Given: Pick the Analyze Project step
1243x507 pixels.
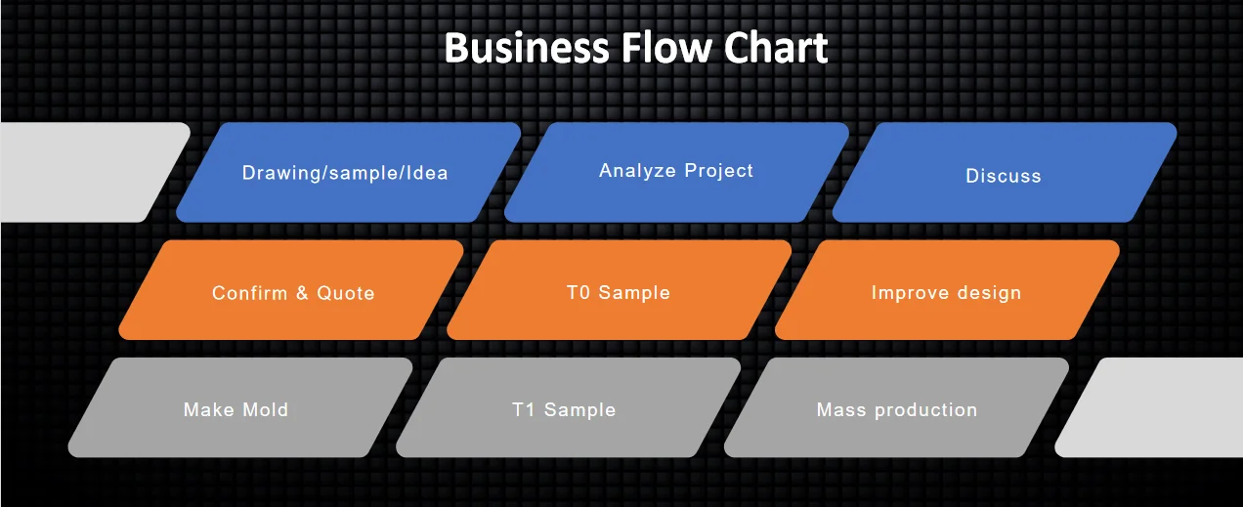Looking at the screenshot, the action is (676, 171).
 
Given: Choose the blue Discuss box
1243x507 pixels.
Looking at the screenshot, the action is (1004, 174).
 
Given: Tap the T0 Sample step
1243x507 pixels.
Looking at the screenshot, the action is (619, 291).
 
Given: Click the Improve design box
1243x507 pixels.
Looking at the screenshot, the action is (946, 291).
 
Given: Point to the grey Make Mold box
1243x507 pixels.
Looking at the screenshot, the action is (237, 408).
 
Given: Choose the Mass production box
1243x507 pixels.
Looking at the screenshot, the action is (896, 408).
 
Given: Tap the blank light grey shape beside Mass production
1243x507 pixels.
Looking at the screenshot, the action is (1153, 407).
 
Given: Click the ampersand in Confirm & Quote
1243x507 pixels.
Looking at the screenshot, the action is (302, 292).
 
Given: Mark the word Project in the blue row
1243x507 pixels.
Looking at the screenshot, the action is (719, 171).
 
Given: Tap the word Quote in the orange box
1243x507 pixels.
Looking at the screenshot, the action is (345, 292).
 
